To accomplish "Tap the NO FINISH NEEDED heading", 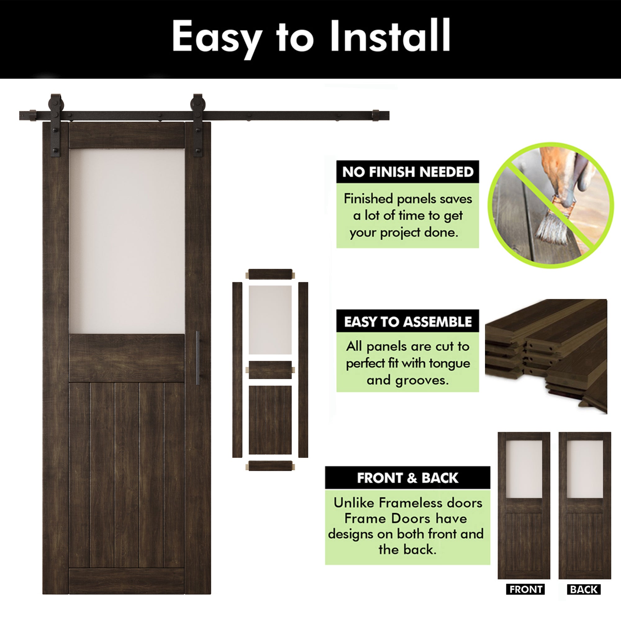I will coord(408,172).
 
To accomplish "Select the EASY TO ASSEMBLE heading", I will coord(408,322).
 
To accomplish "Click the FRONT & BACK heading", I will coord(408,478).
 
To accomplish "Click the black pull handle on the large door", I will coord(198,358).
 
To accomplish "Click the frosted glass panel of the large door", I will coord(127,241).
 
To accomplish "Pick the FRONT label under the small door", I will coord(526,598).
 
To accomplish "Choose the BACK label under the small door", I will coord(584,598).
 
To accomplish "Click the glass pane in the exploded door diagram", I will coord(270,320).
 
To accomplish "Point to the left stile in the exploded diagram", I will coord(237,369).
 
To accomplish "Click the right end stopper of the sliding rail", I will coord(376,116).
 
